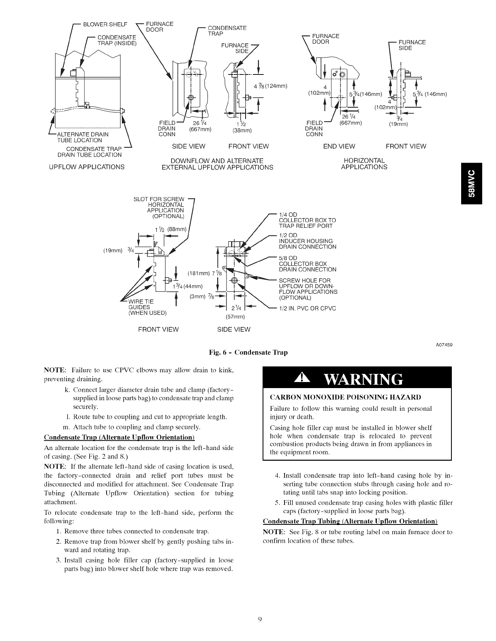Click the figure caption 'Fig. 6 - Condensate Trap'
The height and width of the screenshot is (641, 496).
click(x=248, y=352)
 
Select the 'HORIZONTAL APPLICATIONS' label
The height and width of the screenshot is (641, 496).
click(x=363, y=163)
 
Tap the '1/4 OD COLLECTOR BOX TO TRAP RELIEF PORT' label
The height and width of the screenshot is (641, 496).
click(x=307, y=220)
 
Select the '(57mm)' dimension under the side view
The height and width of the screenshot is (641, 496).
click(x=235, y=316)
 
